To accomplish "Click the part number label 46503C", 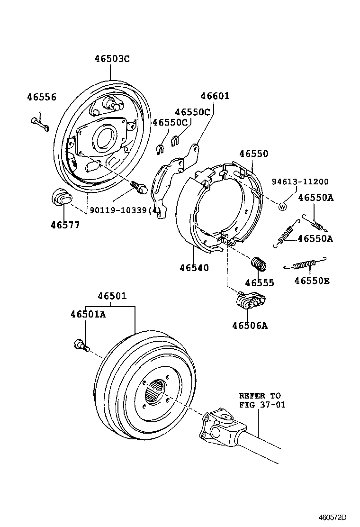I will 112,59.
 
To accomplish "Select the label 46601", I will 215,96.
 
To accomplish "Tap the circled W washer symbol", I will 282,206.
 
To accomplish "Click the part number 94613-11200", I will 300,182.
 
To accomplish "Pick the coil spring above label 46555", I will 259,264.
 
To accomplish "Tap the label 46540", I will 194,268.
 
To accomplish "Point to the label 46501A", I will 88,314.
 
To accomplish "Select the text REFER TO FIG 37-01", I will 260,400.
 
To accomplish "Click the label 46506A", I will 250,325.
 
